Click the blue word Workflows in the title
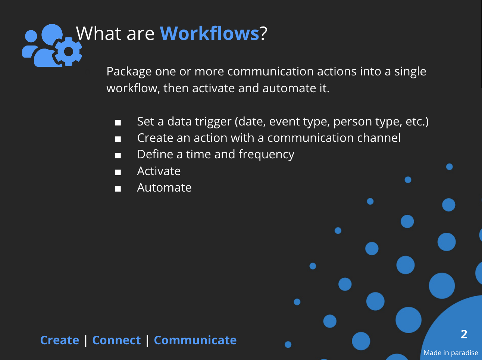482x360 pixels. [x=210, y=33]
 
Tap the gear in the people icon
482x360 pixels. [x=69, y=52]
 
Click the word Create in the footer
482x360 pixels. [x=60, y=340]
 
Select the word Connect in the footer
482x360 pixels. [x=116, y=340]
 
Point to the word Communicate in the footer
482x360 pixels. [x=195, y=340]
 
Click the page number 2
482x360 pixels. [x=464, y=334]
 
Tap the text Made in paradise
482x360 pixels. [x=451, y=353]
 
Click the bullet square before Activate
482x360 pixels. [x=118, y=172]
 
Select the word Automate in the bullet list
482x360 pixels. [x=164, y=188]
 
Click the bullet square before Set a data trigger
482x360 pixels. [x=118, y=122]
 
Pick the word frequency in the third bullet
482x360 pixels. [x=266, y=155]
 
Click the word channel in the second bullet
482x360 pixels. [x=379, y=138]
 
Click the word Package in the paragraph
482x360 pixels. [x=129, y=72]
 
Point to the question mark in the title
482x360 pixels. [x=263, y=33]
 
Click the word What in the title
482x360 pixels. [x=98, y=33]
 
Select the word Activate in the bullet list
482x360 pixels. [x=159, y=171]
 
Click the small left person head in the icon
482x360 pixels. [x=31, y=36]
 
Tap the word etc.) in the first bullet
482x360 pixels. [x=417, y=122]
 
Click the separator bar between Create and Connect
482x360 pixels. [x=86, y=341]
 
